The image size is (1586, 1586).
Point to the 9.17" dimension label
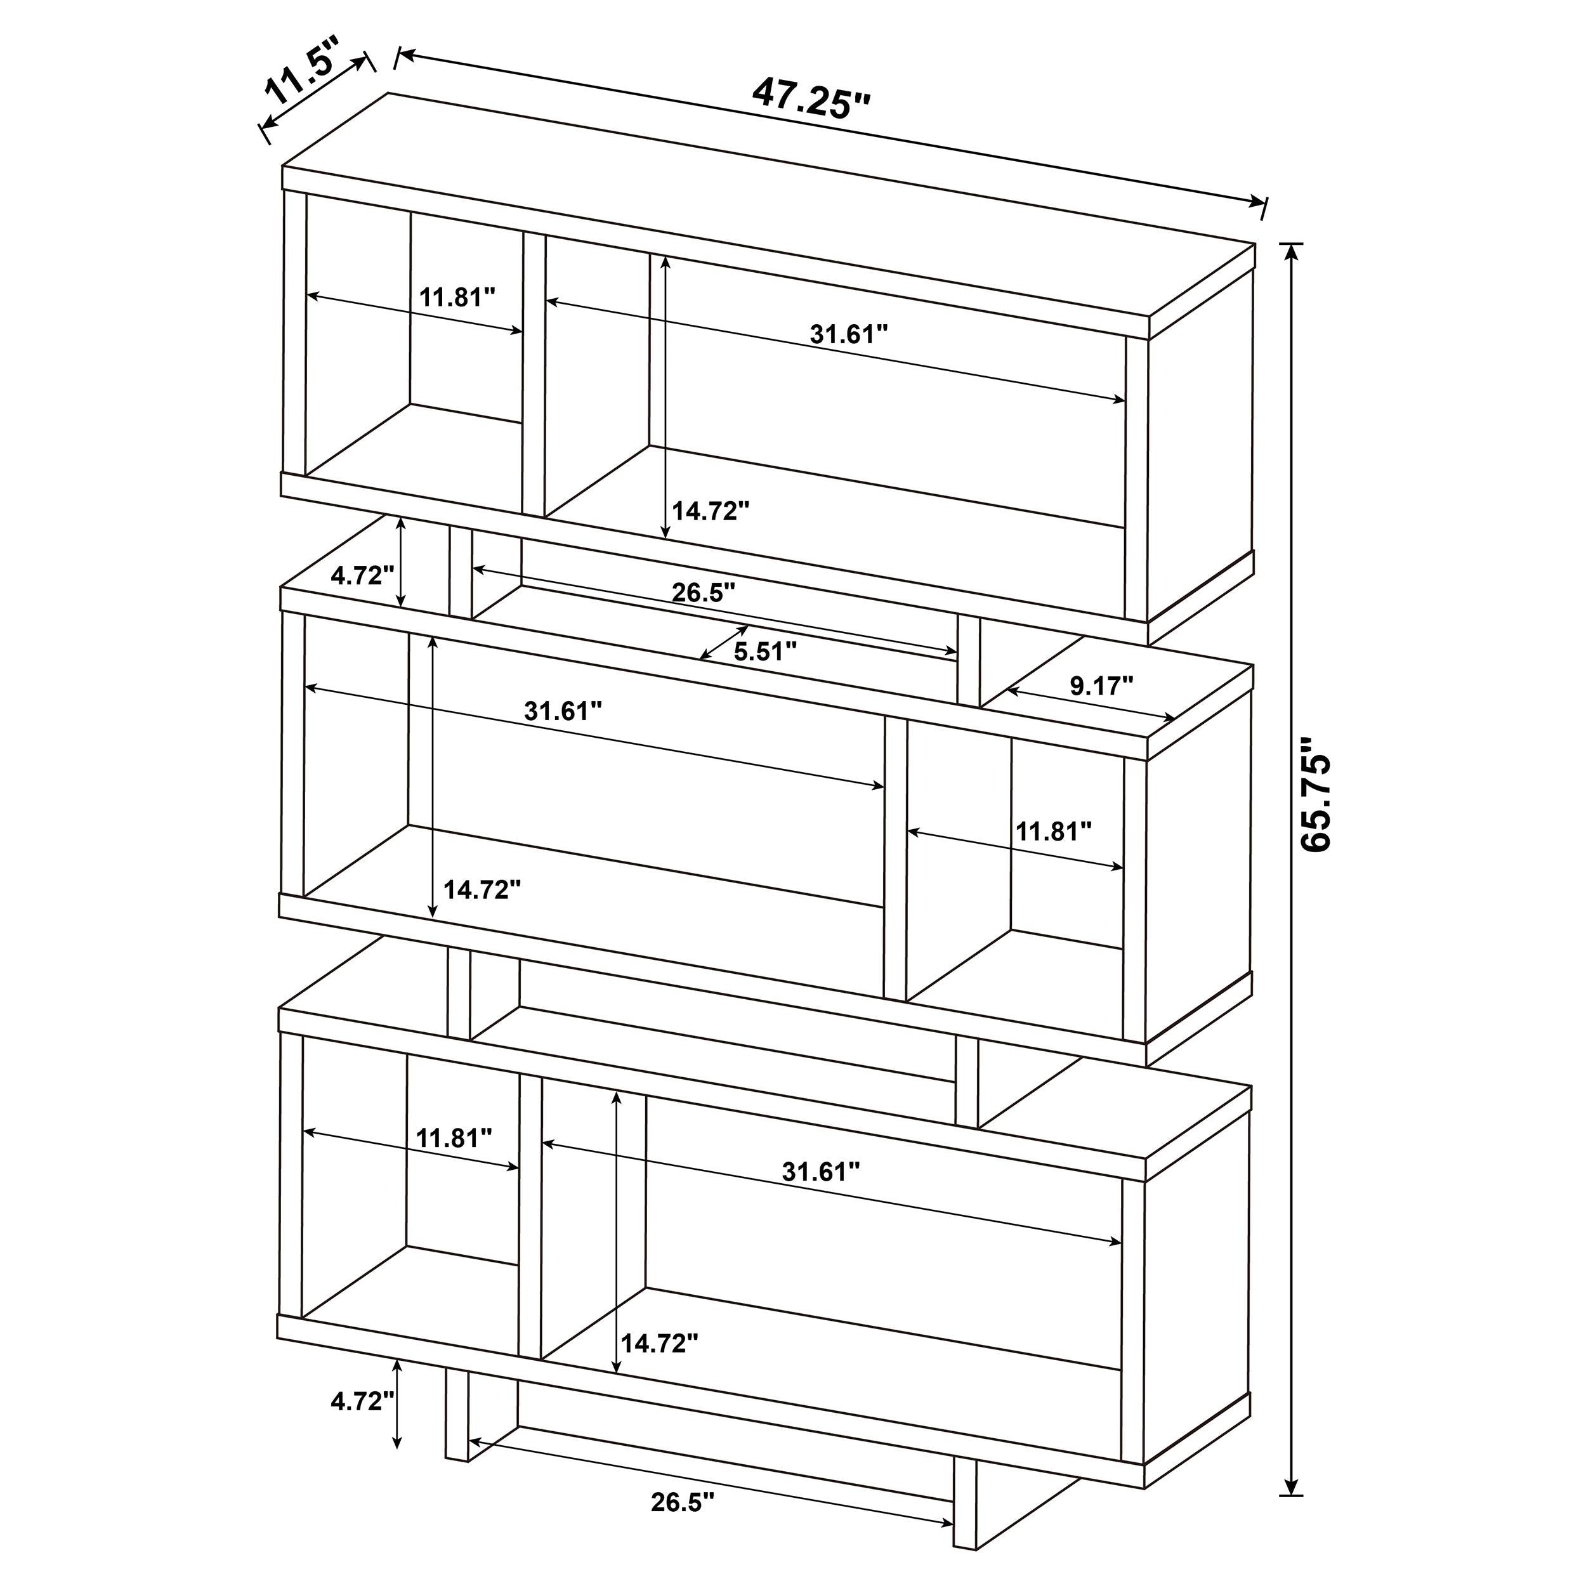1102,686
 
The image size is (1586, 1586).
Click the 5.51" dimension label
765,653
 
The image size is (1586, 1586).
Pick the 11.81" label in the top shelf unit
457,297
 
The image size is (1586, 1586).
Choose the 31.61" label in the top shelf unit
849,334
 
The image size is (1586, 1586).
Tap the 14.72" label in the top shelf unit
711,511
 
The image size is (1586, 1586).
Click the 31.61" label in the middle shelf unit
563,711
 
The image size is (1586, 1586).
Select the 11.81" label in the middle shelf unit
1053,832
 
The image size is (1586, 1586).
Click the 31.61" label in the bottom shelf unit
820,1172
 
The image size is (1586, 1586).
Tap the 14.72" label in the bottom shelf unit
659,1343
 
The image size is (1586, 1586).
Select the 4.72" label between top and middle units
357,575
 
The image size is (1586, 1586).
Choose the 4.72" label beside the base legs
357,1401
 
